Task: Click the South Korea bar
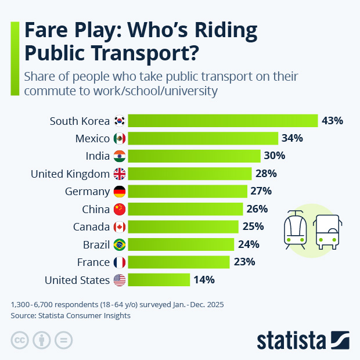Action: pyautogui.click(x=222, y=121)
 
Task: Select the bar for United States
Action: pyautogui.click(x=159, y=280)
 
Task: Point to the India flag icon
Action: pyautogui.click(x=119, y=156)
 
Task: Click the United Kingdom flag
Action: pyautogui.click(x=119, y=174)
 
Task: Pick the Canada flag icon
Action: pyautogui.click(x=119, y=226)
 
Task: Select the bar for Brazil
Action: pyautogui.click(x=181, y=244)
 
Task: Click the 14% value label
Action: pyautogui.click(x=204, y=280)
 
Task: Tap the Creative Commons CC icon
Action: pyautogui.click(x=20, y=340)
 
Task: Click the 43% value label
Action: pyautogui.click(x=333, y=121)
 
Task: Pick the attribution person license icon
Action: pyautogui.click(x=42, y=340)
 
